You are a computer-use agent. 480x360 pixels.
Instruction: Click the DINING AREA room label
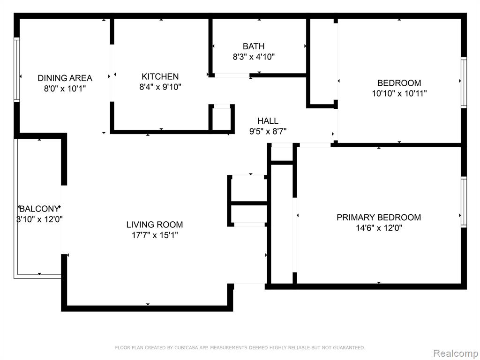click(x=65, y=78)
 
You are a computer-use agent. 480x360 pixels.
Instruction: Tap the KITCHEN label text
click(x=160, y=76)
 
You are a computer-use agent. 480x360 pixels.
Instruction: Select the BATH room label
click(x=254, y=46)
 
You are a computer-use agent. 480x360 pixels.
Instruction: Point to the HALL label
click(x=268, y=120)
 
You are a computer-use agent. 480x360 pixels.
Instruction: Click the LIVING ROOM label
click(x=155, y=225)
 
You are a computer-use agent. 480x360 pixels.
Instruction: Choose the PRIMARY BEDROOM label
click(x=379, y=217)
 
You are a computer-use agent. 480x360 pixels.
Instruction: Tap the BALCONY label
click(x=39, y=209)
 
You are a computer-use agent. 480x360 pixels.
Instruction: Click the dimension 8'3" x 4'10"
click(x=254, y=57)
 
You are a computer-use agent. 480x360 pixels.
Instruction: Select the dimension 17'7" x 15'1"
click(x=155, y=235)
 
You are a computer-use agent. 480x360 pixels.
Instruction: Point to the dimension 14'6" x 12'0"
click(x=379, y=228)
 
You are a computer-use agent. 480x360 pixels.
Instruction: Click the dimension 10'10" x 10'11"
click(x=399, y=93)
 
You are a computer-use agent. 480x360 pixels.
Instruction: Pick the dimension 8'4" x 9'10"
click(x=160, y=87)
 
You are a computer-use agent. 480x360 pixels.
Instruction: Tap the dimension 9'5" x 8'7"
click(x=268, y=131)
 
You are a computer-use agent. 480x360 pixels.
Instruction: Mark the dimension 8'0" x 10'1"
click(x=65, y=89)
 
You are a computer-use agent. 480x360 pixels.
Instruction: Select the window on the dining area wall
click(x=16, y=70)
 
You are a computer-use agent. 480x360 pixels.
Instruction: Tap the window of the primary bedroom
click(x=464, y=202)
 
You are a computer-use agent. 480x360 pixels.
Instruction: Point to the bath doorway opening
click(x=232, y=75)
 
